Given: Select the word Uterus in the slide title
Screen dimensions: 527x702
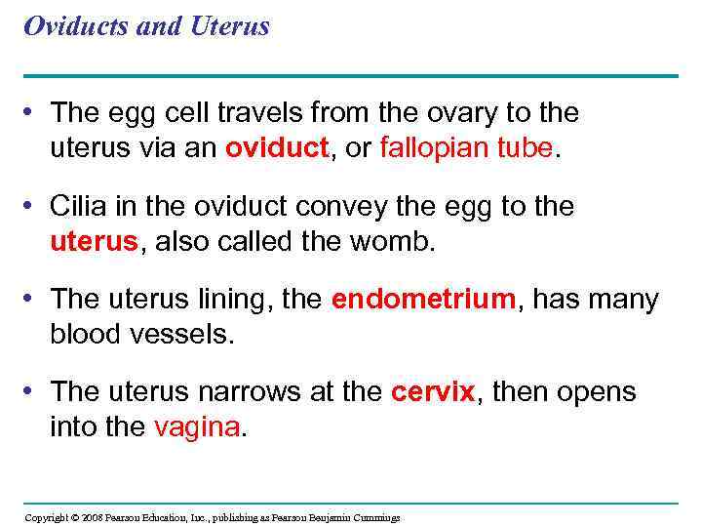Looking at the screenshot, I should [231, 26].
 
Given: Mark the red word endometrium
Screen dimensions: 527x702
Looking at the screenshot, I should [422, 301].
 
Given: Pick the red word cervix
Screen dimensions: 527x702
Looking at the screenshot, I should [432, 393].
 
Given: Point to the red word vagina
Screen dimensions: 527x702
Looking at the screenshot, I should [195, 427].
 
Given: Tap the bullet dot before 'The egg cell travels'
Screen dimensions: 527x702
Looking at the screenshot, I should [34, 112].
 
